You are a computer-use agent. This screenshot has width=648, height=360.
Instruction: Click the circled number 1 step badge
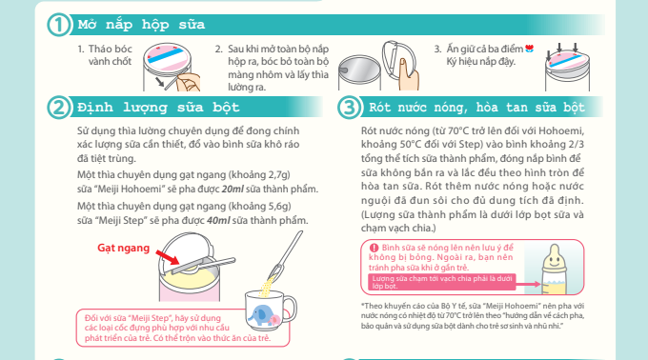58,25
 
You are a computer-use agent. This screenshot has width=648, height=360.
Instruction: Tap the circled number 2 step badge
58,108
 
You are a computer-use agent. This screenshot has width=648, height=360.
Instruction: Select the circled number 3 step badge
349,108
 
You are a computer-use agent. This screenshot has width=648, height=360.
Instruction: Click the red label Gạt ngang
123,248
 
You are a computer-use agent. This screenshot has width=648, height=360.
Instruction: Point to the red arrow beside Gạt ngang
168,257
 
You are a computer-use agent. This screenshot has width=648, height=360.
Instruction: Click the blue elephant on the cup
258,315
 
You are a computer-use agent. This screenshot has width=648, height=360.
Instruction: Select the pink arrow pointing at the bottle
528,284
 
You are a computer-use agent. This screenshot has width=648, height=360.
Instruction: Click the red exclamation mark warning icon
374,248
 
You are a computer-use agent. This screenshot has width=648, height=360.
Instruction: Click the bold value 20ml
233,190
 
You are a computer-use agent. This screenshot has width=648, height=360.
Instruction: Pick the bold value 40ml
218,220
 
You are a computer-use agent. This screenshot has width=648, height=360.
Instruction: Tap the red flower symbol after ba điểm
530,49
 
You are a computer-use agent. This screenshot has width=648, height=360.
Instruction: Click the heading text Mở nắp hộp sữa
141,25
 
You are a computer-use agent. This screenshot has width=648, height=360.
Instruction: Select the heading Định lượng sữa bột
159,108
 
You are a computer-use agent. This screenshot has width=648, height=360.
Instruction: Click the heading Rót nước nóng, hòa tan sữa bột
476,108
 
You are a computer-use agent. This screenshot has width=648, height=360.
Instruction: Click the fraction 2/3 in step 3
576,144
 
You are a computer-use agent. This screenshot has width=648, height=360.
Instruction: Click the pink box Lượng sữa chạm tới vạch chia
441,282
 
